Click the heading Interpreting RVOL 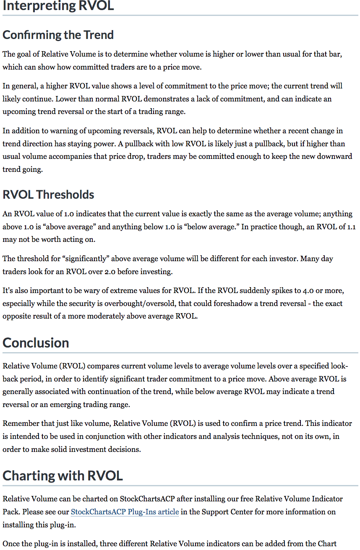[58, 6]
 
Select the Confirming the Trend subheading [58, 35]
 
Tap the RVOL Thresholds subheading [48, 195]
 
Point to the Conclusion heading [36, 343]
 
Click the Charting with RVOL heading [63, 476]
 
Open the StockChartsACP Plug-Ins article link [125, 512]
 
